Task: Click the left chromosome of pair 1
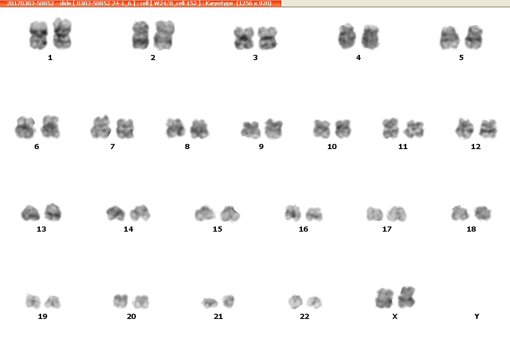(x=38, y=35)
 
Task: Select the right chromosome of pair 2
(x=164, y=35)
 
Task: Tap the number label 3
(x=255, y=57)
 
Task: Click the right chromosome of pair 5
(x=474, y=37)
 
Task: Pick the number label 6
(x=36, y=147)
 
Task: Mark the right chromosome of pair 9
(x=273, y=129)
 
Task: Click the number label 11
(x=403, y=147)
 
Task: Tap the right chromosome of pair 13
(x=53, y=212)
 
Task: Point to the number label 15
(x=217, y=229)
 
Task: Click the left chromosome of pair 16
(x=293, y=213)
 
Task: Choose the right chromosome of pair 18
(x=483, y=213)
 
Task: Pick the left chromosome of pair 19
(x=33, y=300)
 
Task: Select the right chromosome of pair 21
(x=228, y=301)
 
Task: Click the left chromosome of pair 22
(x=295, y=302)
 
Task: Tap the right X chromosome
(x=407, y=297)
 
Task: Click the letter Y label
(x=477, y=316)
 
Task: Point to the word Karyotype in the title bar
(x=219, y=3)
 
